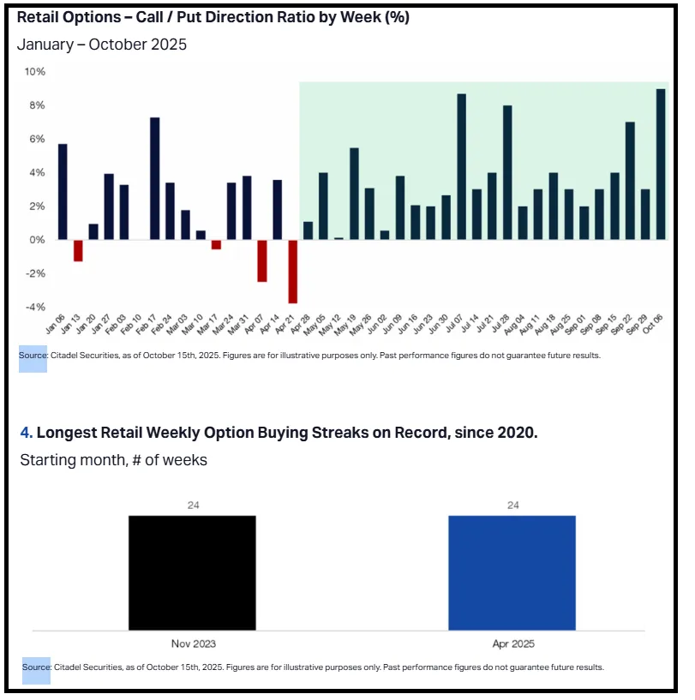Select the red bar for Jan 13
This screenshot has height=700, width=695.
point(78,250)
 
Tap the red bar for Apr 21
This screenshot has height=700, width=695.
point(292,272)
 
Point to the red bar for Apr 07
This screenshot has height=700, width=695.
point(262,260)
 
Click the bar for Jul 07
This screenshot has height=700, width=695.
point(461,167)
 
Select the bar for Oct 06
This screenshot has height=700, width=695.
point(660,165)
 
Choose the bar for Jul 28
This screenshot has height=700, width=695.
point(507,172)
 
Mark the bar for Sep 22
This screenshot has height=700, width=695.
point(630,181)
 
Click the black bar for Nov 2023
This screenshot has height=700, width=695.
point(192,572)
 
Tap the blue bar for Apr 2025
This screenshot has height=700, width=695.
point(512,572)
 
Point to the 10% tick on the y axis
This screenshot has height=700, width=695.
point(35,72)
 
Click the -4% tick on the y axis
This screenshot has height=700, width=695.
point(34,307)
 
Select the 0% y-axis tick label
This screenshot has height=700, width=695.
point(37,240)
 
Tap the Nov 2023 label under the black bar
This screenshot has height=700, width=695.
point(192,642)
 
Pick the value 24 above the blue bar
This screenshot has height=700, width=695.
point(512,506)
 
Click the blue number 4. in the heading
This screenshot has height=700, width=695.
point(27,433)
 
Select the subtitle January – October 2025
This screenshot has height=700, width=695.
point(102,45)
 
